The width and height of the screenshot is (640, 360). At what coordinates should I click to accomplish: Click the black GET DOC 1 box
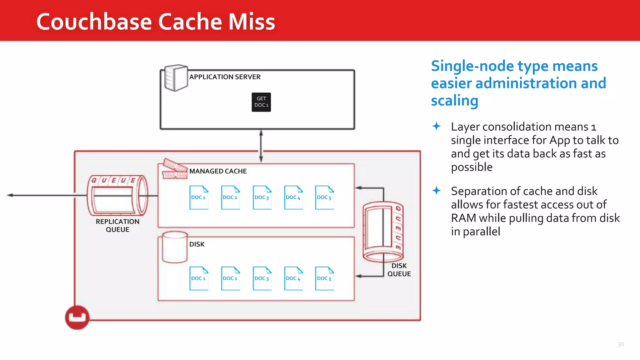(x=261, y=102)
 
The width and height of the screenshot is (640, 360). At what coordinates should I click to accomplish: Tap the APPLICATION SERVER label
(x=225, y=77)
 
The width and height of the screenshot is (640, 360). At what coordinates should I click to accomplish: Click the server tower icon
(x=176, y=78)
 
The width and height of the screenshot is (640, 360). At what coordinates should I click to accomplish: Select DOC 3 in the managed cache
(x=262, y=197)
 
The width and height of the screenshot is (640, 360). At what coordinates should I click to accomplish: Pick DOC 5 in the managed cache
(x=324, y=197)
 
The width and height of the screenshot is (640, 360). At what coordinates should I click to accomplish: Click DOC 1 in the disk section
(x=199, y=278)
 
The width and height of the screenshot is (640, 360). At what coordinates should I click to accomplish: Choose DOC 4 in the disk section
(x=293, y=278)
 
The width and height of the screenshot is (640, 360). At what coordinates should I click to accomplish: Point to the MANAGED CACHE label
(x=218, y=171)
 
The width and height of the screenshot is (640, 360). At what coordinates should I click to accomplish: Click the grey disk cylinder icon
(x=175, y=247)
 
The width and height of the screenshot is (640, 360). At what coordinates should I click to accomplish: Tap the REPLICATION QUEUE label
(x=117, y=225)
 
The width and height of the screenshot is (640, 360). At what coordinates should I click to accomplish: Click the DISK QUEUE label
(x=399, y=270)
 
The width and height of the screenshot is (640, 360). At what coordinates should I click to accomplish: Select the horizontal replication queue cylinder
(x=117, y=196)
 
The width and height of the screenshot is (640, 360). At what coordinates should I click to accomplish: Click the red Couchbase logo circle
(x=77, y=317)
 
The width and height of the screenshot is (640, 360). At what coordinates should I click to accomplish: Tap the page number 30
(x=621, y=344)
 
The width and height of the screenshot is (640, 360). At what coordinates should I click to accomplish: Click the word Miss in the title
(x=252, y=22)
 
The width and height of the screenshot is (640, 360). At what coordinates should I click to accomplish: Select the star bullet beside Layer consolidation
(x=437, y=126)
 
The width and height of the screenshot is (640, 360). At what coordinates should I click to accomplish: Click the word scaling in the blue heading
(x=454, y=101)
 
